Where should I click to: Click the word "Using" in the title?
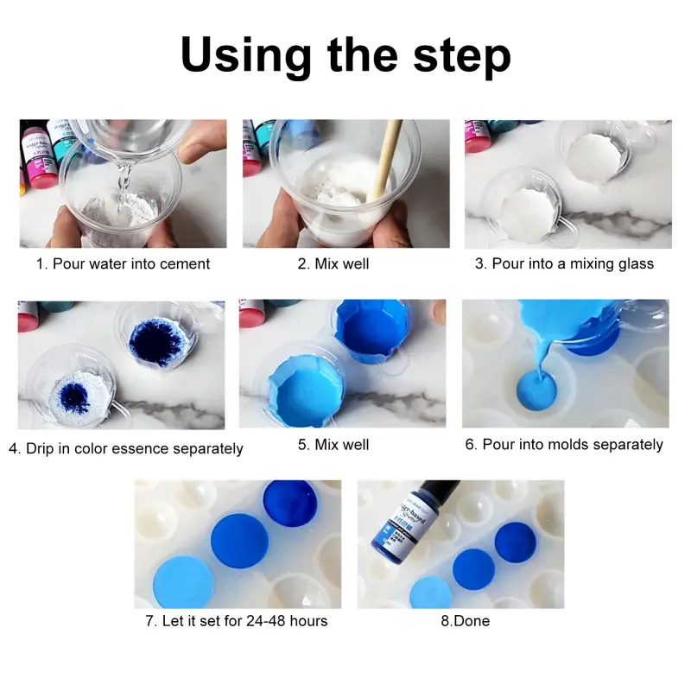click(245, 55)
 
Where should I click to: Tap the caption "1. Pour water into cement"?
click(123, 263)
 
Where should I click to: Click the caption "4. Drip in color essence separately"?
click(126, 448)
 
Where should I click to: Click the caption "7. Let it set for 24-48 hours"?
click(236, 620)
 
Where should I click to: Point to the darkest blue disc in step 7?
click(290, 500)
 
